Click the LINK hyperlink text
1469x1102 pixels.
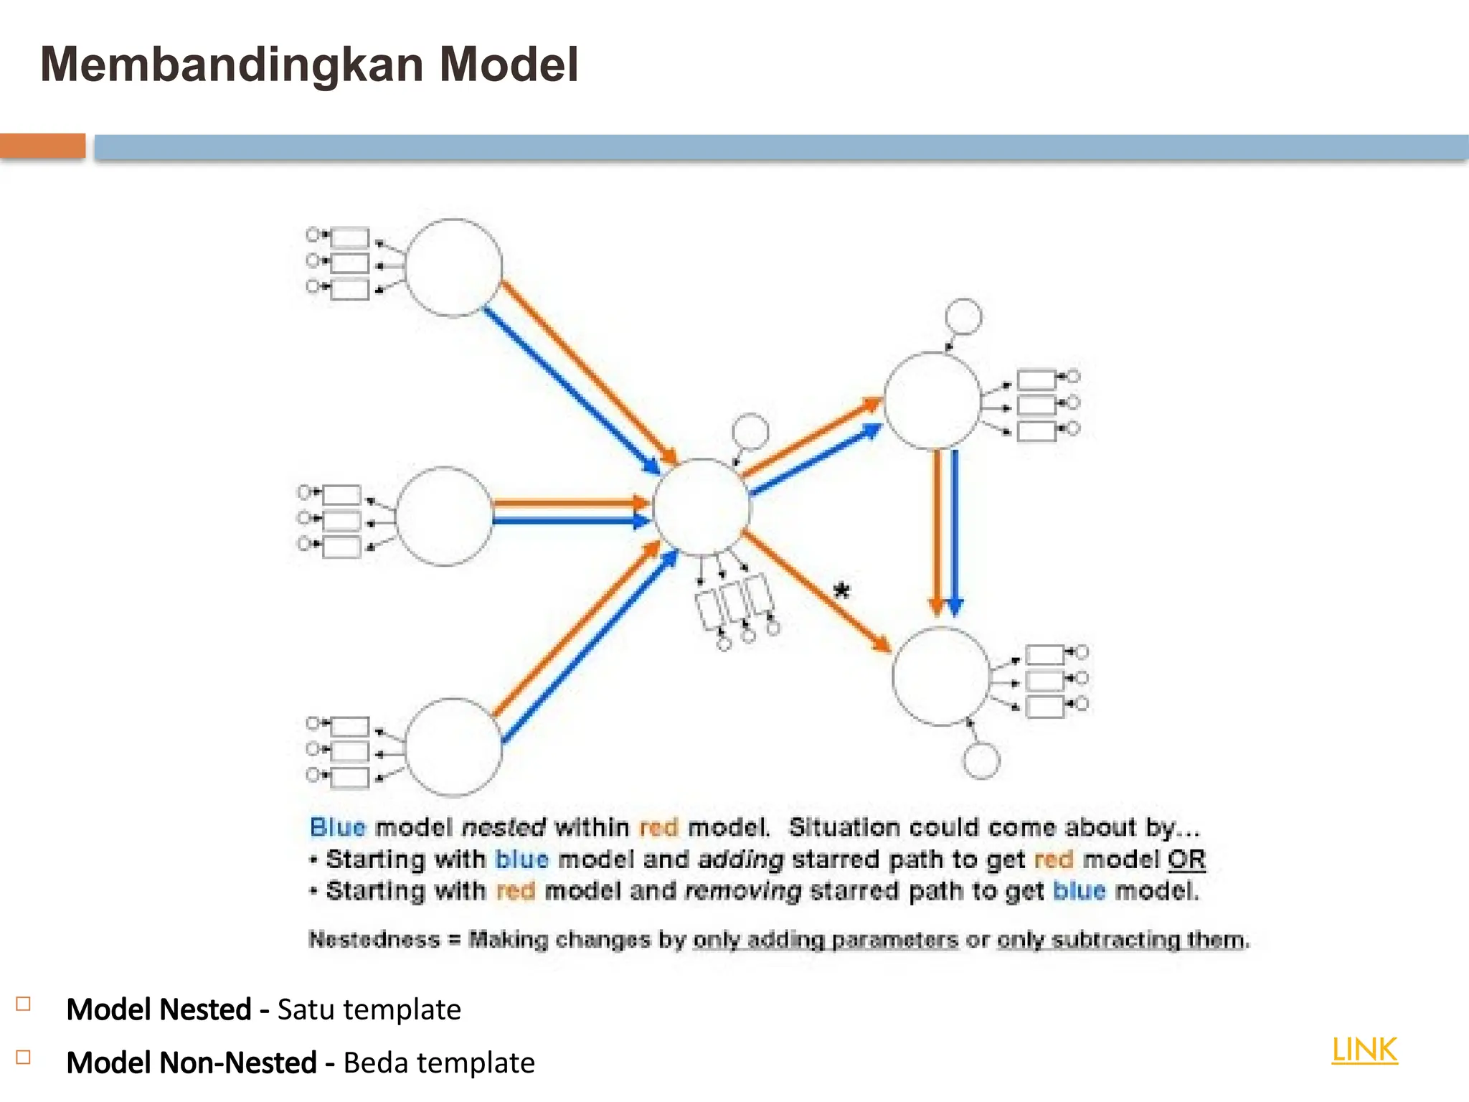tap(1364, 1050)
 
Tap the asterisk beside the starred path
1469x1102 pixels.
tap(841, 590)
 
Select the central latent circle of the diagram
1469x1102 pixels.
tap(701, 507)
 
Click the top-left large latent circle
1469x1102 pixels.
tap(453, 268)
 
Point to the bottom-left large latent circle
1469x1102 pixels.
tap(453, 747)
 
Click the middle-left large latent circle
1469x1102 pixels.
tap(445, 516)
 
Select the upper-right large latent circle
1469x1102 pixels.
tap(932, 400)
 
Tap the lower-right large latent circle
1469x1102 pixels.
tap(940, 676)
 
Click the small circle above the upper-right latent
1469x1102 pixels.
tap(963, 316)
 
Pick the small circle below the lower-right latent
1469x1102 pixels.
tap(981, 760)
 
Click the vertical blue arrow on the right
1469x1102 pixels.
tap(955, 531)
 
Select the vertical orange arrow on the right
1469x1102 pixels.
tap(936, 531)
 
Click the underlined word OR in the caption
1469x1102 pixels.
tap(1186, 859)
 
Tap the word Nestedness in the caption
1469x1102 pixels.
tap(374, 939)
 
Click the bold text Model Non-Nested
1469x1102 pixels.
tap(192, 1063)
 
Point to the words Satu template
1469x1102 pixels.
tap(369, 1009)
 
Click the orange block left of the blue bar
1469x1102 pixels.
tap(42, 146)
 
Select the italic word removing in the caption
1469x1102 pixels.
tap(742, 891)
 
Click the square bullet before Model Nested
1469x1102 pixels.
tap(24, 1004)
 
